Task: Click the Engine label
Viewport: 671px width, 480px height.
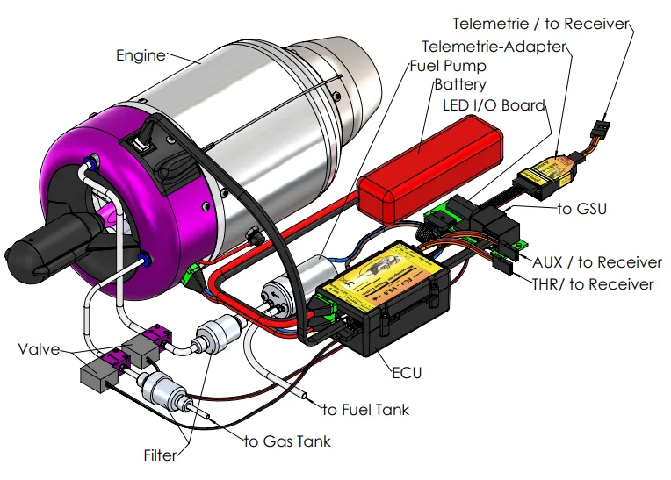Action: pyautogui.click(x=141, y=55)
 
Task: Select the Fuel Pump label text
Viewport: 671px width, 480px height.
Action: pyautogui.click(x=448, y=66)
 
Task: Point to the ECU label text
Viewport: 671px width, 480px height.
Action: pyautogui.click(x=407, y=373)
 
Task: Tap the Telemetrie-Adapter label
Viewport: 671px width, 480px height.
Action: pyautogui.click(x=494, y=47)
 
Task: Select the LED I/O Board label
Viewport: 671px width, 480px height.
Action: pyautogui.click(x=494, y=105)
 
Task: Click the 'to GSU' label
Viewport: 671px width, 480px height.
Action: pyautogui.click(x=582, y=209)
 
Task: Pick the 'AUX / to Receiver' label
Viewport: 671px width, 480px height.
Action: pyautogui.click(x=597, y=262)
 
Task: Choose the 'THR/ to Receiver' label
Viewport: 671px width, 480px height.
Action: pyautogui.click(x=593, y=284)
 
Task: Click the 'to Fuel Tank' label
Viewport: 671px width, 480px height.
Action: pyautogui.click(x=366, y=410)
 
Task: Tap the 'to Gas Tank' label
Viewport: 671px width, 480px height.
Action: pyautogui.click(x=287, y=441)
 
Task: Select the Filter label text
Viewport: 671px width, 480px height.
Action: pyautogui.click(x=160, y=455)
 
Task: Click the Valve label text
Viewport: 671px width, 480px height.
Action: pyautogui.click(x=39, y=349)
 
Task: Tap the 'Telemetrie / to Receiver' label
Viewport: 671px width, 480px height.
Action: pyautogui.click(x=541, y=24)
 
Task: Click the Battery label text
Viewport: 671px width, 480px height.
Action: pyautogui.click(x=460, y=84)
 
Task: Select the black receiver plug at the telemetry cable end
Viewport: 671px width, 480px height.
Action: pyautogui.click(x=601, y=129)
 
